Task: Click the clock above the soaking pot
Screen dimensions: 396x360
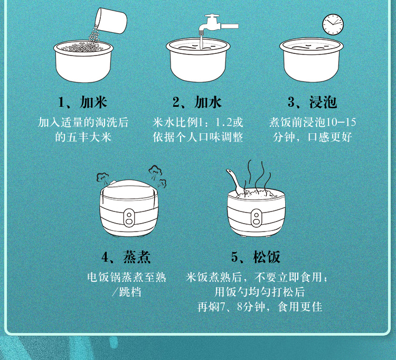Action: [x=333, y=24]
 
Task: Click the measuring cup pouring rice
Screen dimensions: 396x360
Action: [x=111, y=20]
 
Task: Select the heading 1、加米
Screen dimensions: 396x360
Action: [x=82, y=103]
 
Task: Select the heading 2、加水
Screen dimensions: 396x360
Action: [x=197, y=103]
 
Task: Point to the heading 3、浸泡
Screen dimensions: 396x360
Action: [x=312, y=103]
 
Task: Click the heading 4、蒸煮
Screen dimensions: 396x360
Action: [x=126, y=257]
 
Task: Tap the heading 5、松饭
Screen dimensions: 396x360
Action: [x=256, y=257]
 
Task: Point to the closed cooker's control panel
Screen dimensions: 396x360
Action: [x=129, y=218]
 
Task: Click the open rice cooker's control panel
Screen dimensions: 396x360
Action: [x=256, y=218]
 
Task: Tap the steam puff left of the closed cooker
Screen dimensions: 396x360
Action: [x=103, y=178]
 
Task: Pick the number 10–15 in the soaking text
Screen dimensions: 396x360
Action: [x=341, y=122]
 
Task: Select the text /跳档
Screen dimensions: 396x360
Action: [x=127, y=292]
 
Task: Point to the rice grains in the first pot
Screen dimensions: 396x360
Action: [x=83, y=47]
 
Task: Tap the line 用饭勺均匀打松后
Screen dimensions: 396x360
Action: [x=260, y=292]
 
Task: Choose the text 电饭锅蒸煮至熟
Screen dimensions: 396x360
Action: [x=127, y=277]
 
